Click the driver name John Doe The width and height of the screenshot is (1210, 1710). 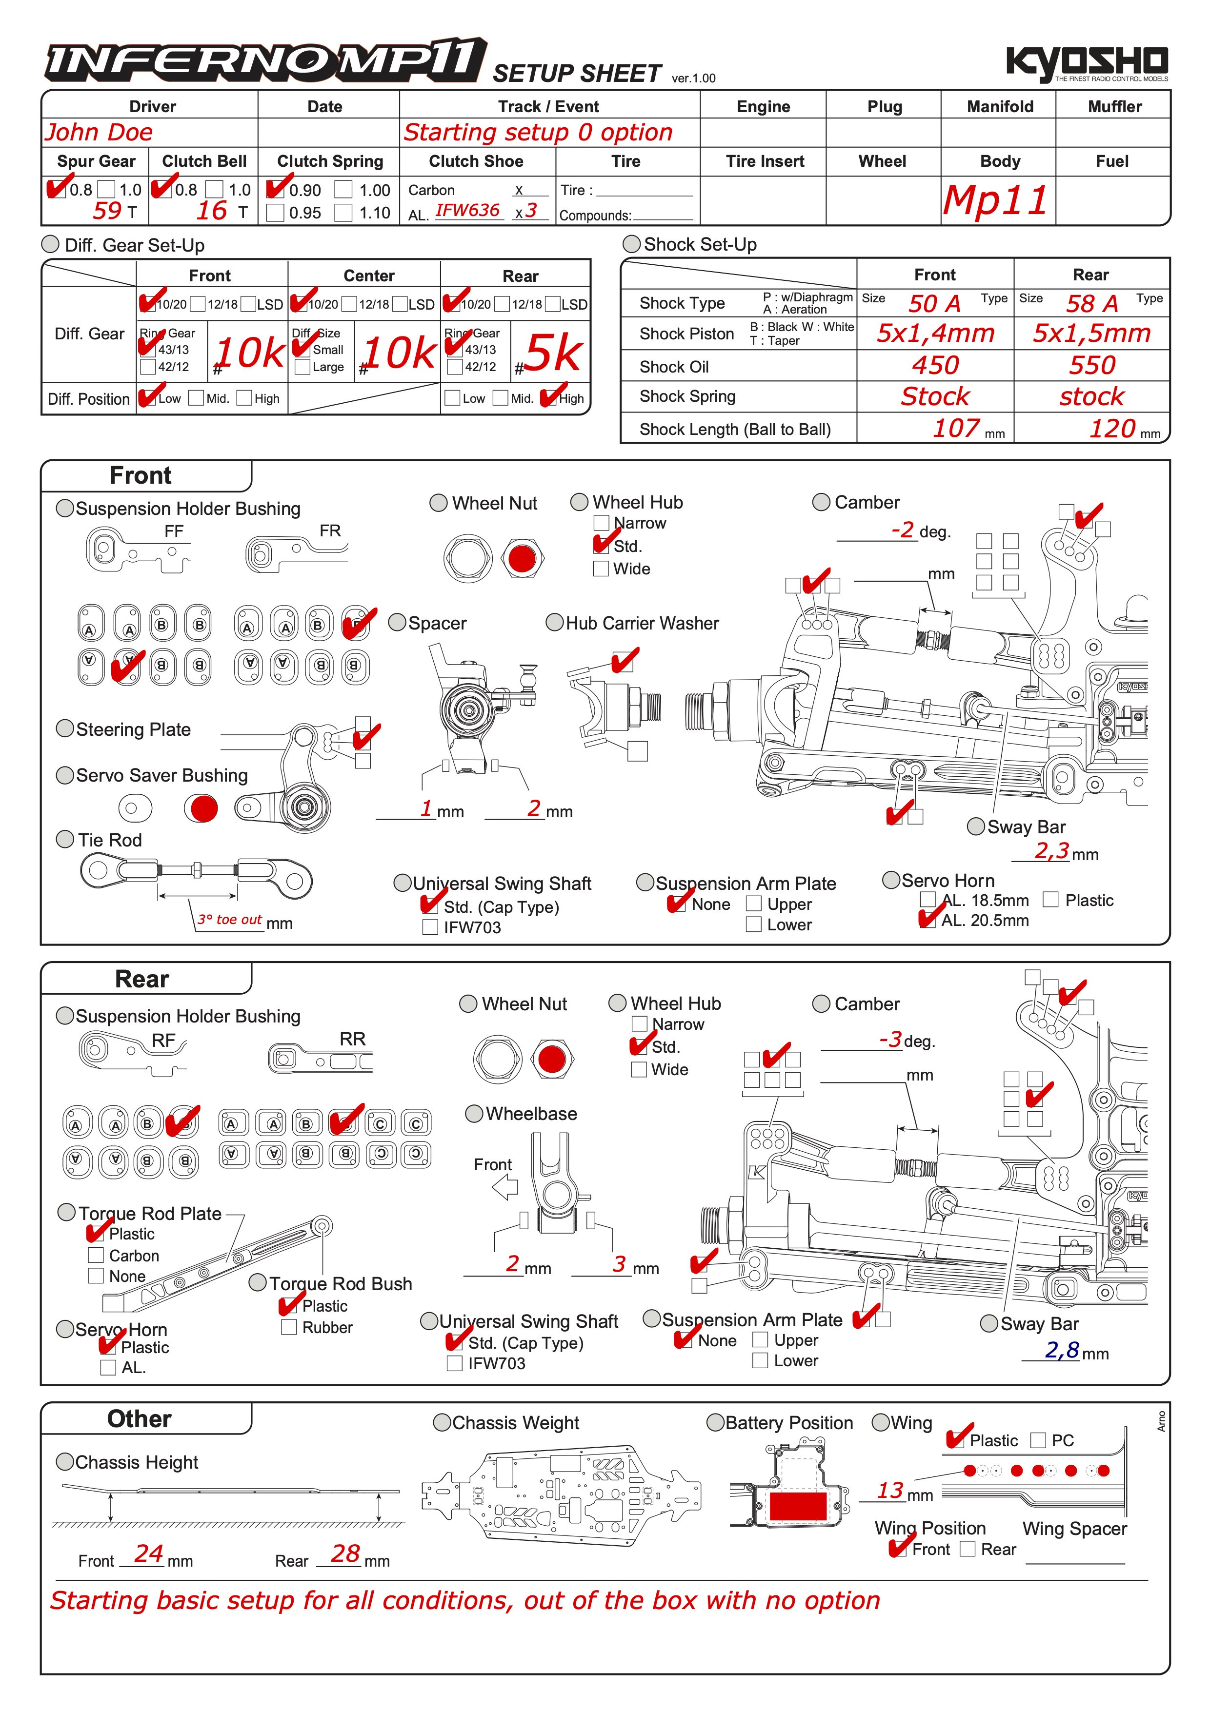(x=99, y=133)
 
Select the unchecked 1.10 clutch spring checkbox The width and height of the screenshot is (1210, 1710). (x=343, y=213)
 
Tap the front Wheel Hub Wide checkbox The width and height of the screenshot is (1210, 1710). (x=601, y=569)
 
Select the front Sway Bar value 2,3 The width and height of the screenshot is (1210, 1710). (x=1051, y=850)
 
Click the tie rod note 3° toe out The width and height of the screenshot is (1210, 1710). (x=229, y=920)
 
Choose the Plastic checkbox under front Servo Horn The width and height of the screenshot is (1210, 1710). (x=1050, y=900)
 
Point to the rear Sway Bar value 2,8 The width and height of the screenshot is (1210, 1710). (x=1062, y=1350)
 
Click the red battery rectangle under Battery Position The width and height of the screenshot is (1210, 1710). (x=798, y=1506)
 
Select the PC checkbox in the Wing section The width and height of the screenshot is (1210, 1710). (x=1038, y=1440)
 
